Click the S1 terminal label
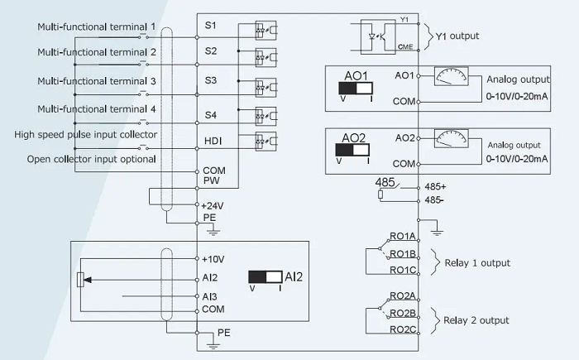[211, 26]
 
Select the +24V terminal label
[213, 204]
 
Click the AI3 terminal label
[210, 296]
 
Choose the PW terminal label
[211, 179]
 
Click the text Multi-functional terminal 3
[97, 81]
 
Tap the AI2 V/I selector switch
[266, 277]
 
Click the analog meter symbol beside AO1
[451, 77]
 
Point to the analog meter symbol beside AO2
[451, 139]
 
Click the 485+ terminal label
[436, 188]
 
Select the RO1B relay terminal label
[403, 253]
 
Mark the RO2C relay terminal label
[403, 329]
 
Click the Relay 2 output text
[476, 320]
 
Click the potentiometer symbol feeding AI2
[80, 278]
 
